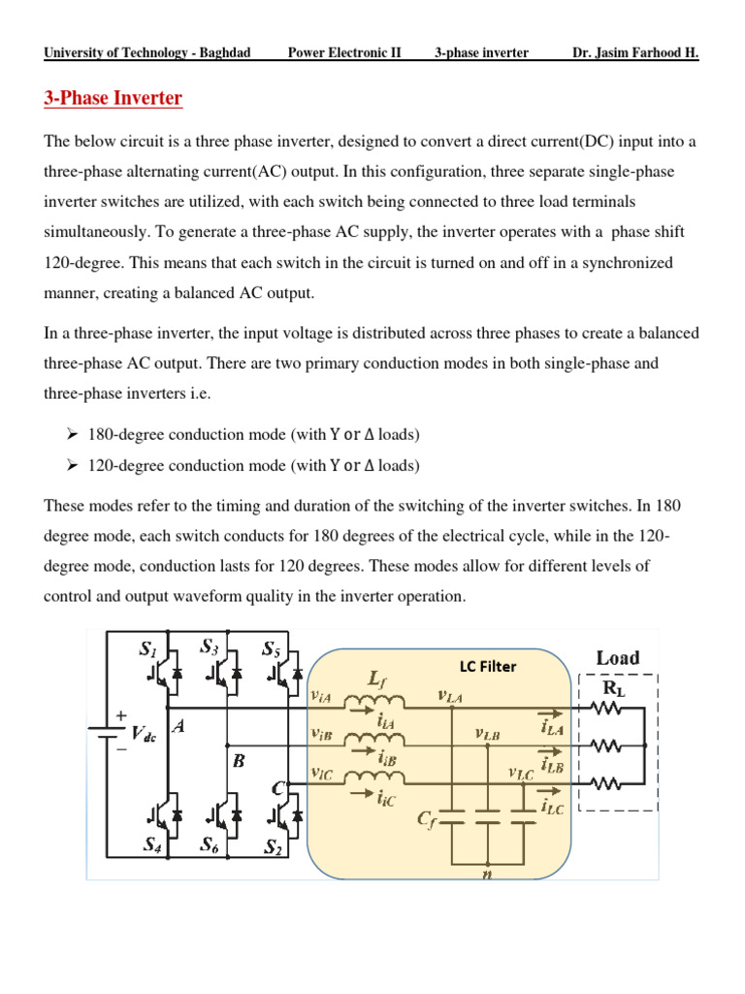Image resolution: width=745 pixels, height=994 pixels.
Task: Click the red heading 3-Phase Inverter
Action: coord(113,98)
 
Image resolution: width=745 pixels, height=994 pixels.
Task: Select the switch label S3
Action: coord(209,646)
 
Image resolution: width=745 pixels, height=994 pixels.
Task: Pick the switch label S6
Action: coord(210,845)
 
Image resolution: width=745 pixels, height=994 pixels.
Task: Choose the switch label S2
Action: coord(275,846)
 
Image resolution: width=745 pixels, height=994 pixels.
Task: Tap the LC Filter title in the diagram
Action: coord(488,666)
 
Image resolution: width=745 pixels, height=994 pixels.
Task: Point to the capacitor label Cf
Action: coord(427,820)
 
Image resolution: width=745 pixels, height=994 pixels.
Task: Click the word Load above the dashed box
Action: coord(617,658)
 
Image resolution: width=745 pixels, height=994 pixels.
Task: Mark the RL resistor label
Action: coord(615,688)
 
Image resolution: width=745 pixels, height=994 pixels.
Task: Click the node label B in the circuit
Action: coord(238,762)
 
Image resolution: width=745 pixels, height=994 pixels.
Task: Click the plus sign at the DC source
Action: coord(121,714)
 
